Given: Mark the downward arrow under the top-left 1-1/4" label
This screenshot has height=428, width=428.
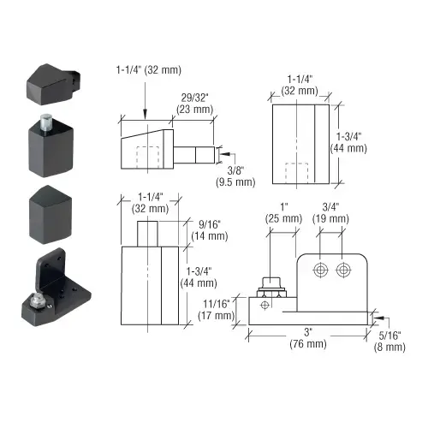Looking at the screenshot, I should click(x=146, y=98).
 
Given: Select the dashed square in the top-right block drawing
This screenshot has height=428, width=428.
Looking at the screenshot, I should click(x=297, y=171).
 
